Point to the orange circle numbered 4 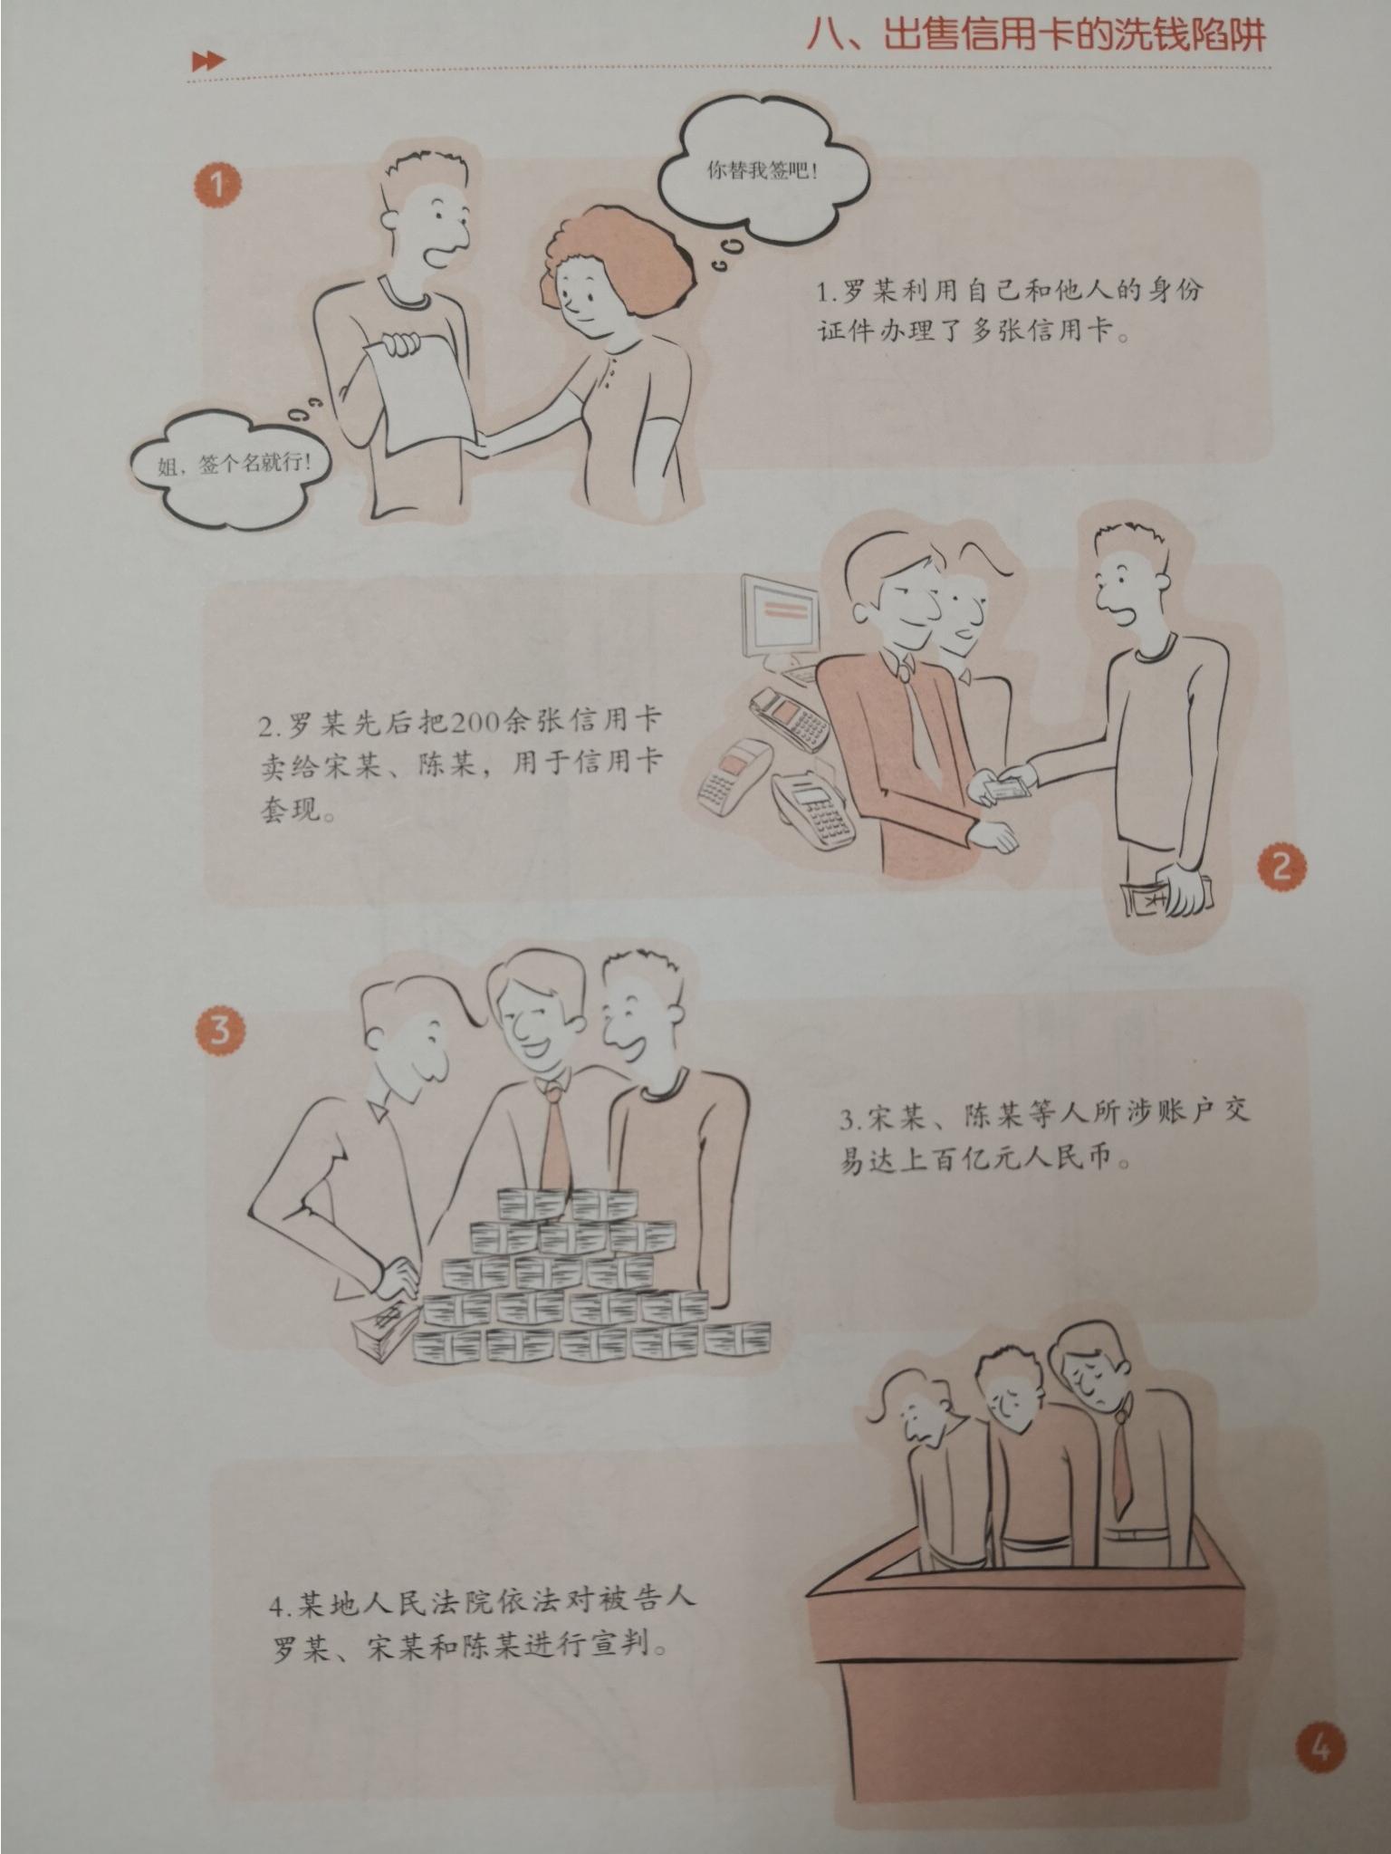pyautogui.click(x=1320, y=1748)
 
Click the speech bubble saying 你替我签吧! pyautogui.click(x=762, y=172)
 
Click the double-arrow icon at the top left pyautogui.click(x=208, y=61)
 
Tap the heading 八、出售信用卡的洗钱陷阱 pyautogui.click(x=1036, y=36)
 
